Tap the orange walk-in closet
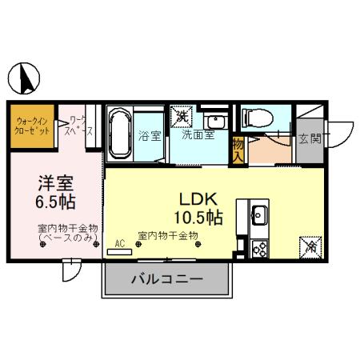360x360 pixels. click(32, 126)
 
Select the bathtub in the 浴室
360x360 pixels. click(119, 134)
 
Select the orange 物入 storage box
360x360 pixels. click(238, 150)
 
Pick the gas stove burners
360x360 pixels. click(260, 248)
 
